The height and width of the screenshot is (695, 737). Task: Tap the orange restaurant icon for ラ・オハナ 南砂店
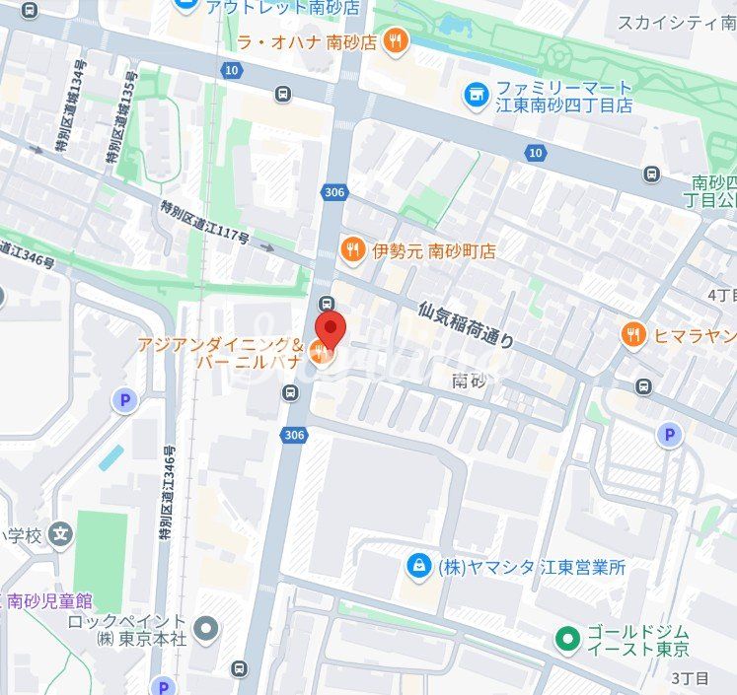click(396, 41)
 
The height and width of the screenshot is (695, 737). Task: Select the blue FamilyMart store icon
click(477, 96)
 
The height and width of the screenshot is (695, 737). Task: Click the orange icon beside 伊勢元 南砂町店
click(352, 251)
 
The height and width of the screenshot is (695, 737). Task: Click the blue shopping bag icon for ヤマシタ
click(419, 566)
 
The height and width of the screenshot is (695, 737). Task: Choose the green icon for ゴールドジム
click(566, 639)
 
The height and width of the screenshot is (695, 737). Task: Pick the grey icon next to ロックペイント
click(206, 628)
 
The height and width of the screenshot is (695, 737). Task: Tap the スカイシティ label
click(676, 22)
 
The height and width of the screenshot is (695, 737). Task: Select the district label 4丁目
click(722, 295)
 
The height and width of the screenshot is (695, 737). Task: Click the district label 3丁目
click(690, 678)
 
